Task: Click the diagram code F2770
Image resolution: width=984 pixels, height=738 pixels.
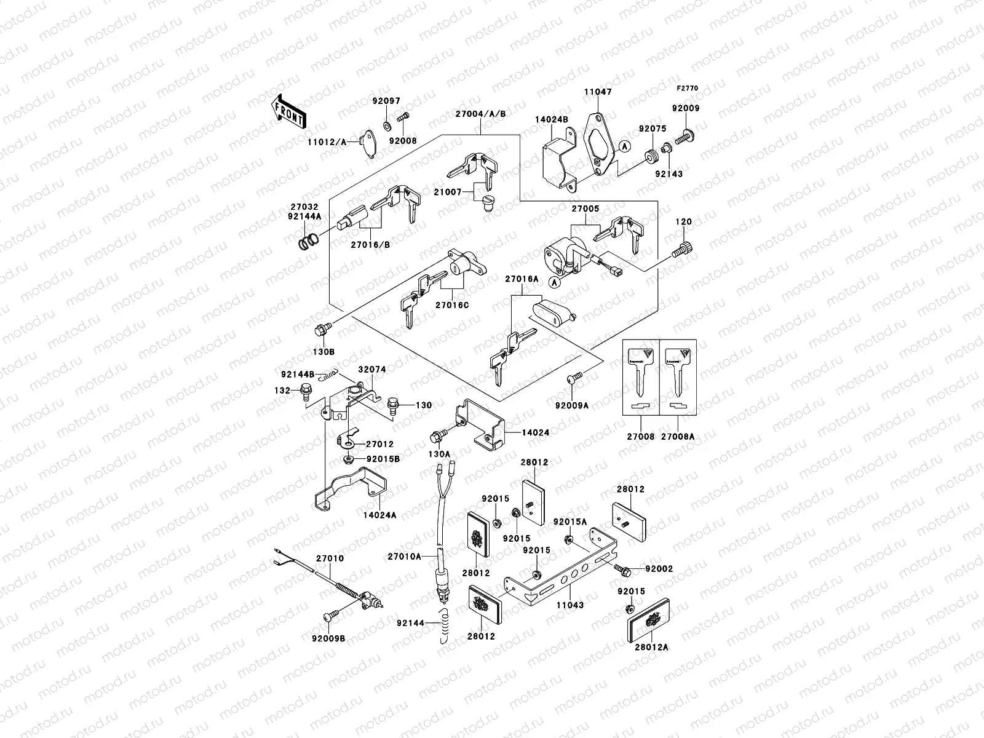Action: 688,89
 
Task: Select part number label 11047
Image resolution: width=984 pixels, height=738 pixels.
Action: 598,92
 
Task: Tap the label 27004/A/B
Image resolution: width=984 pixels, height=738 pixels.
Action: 480,113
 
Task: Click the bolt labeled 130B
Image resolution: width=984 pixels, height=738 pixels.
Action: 322,330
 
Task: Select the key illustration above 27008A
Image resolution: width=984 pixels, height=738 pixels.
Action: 678,376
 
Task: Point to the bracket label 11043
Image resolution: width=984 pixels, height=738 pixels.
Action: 570,605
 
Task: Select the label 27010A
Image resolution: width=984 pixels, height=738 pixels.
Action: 404,557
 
